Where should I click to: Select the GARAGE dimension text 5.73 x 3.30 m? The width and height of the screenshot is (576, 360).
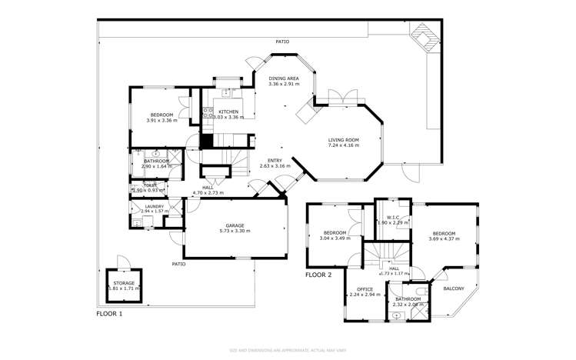pos(235,231)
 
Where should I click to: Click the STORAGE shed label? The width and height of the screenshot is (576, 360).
pos(124,283)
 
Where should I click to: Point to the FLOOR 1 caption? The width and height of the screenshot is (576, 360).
pos(109,314)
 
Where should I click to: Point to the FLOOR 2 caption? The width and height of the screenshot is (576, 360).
pos(319,275)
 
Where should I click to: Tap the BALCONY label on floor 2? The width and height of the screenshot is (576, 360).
pos(454,288)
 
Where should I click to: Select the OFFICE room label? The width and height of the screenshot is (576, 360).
pos(365,289)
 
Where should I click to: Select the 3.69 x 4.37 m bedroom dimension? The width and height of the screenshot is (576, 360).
pos(444,238)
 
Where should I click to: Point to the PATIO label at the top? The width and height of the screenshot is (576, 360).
pos(283,42)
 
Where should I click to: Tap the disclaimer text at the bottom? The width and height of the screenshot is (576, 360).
pos(288,350)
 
